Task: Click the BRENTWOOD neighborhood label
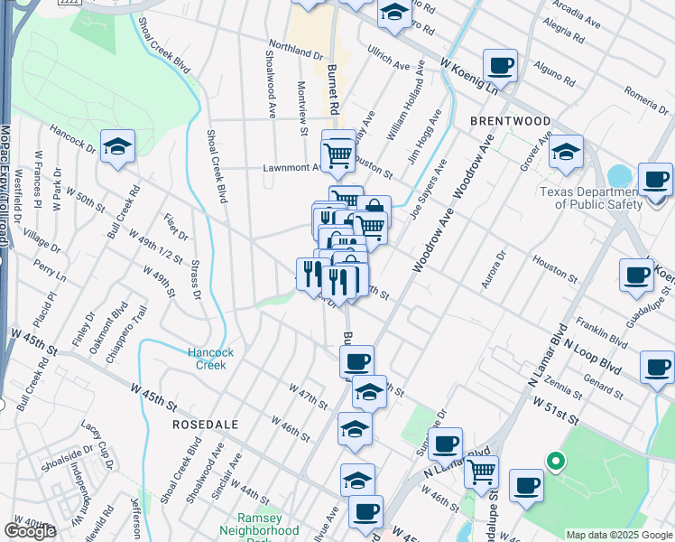point(510,120)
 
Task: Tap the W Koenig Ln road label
point(468,76)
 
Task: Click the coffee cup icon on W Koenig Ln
point(500,66)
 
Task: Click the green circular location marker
point(556,463)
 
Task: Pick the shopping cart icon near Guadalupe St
point(481,471)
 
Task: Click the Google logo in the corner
point(30,531)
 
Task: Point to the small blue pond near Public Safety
point(621,175)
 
